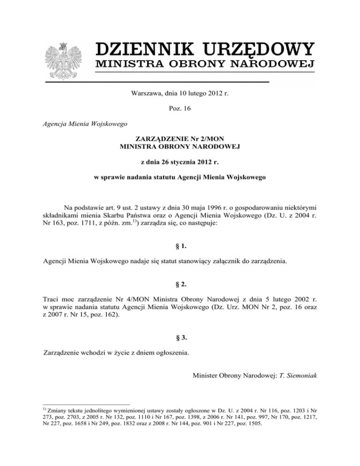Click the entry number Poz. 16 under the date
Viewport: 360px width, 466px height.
(180, 108)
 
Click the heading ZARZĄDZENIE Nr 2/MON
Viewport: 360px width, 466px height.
(180, 139)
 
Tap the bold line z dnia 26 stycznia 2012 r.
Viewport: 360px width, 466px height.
(180, 162)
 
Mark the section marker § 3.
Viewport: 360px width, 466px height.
(180, 337)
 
